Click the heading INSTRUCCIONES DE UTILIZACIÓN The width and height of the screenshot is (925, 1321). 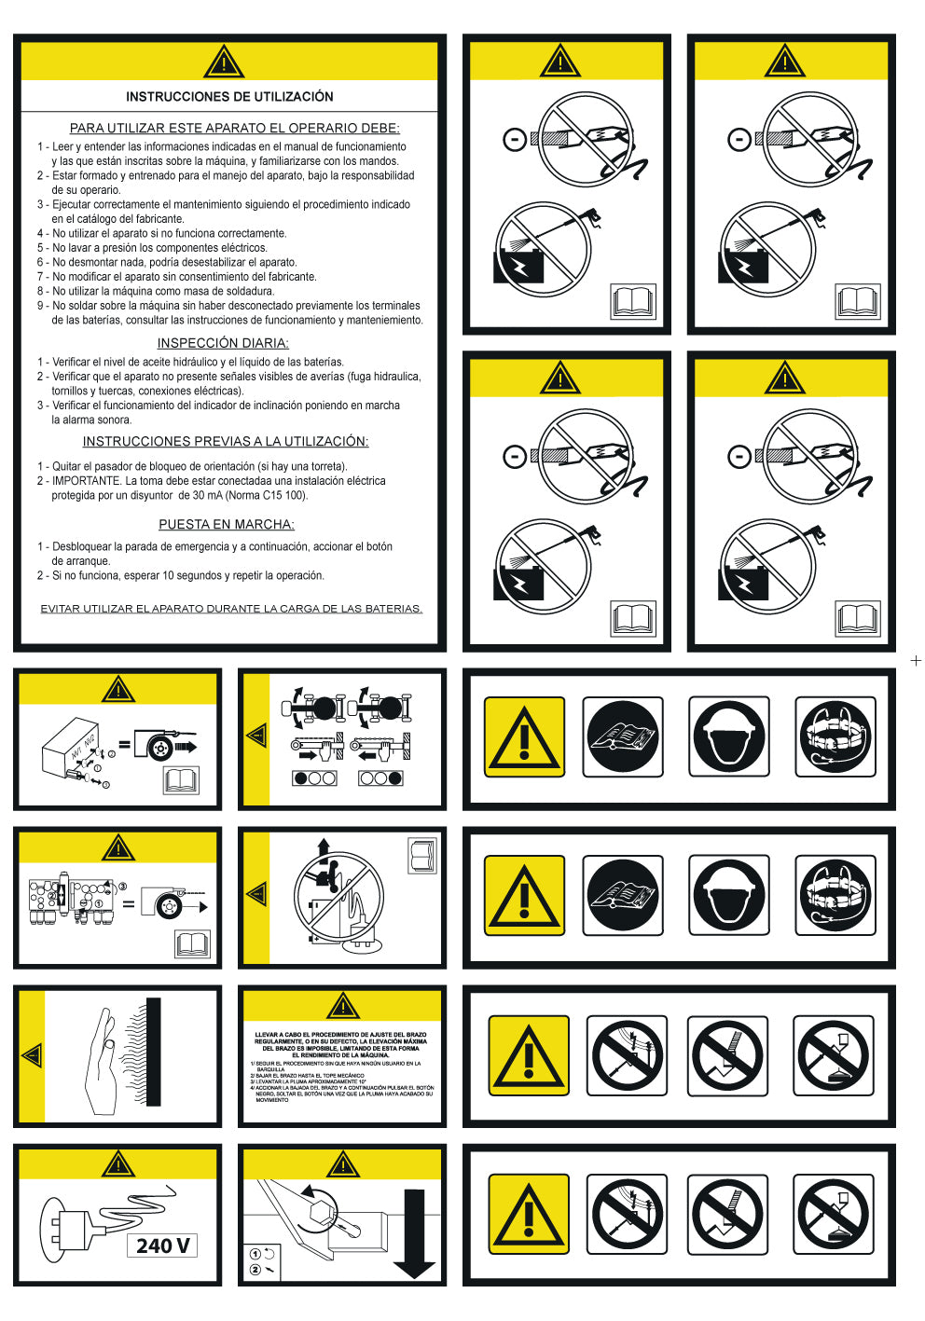tap(229, 97)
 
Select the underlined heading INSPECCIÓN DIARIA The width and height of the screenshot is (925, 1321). tap(223, 343)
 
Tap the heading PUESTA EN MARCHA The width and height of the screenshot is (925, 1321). tap(227, 525)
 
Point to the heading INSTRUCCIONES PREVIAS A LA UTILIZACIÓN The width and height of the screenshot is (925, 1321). tap(226, 442)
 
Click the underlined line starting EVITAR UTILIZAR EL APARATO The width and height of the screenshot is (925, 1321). tap(231, 609)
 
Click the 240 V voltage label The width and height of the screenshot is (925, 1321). tap(162, 1245)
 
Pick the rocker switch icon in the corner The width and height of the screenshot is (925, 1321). tap(422, 856)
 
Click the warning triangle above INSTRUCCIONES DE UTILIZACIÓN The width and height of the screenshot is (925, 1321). tap(224, 62)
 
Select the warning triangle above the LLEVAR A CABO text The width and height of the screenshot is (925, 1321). tap(343, 1006)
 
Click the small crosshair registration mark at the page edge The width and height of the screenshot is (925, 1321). tap(916, 661)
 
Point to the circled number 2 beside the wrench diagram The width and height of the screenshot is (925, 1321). tap(255, 1269)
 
